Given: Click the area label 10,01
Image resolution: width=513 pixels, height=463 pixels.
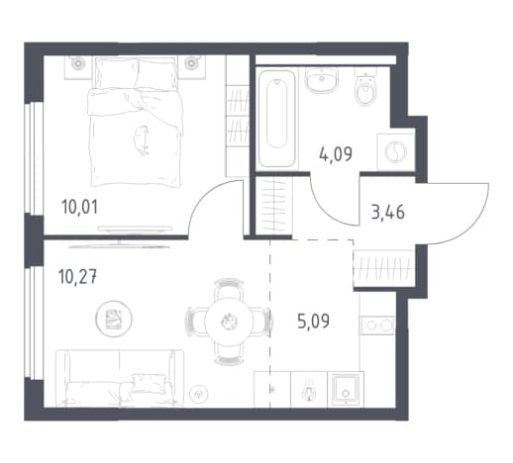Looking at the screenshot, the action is (79, 208).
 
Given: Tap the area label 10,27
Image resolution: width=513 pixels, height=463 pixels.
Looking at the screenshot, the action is (77, 277).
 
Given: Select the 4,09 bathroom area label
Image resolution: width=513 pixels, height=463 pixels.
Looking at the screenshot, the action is (336, 153).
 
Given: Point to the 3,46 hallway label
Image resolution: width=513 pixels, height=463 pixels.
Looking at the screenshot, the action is (388, 212).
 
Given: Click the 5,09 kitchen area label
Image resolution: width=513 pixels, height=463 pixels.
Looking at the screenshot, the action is (313, 322).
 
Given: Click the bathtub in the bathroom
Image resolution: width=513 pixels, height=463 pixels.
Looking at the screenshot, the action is (276, 119).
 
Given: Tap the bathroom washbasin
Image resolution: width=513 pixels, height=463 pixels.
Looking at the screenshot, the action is (321, 79).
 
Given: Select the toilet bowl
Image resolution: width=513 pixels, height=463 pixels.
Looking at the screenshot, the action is (365, 86).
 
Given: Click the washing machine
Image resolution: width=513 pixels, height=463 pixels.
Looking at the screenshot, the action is (395, 152).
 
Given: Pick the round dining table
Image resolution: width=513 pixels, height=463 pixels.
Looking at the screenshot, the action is (229, 321).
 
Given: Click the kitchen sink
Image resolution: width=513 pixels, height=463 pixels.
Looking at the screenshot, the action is (346, 389).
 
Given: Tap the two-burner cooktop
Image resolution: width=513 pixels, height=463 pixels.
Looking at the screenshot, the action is (378, 325).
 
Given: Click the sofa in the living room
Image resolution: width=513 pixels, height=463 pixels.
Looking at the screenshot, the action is (120, 378).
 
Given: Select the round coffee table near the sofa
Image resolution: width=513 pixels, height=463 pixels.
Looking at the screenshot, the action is (114, 319).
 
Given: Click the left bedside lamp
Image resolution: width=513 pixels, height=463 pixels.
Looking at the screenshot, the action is (78, 62).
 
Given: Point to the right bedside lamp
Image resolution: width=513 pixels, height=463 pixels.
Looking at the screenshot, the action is (190, 62).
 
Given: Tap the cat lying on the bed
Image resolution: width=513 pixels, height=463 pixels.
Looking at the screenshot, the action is (142, 140).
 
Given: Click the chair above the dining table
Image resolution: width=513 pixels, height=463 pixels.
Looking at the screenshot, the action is (229, 288).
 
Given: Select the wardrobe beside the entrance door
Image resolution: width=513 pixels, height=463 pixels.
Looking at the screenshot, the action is (384, 268).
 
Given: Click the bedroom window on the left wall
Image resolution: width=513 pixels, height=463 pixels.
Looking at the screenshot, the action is (35, 158).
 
